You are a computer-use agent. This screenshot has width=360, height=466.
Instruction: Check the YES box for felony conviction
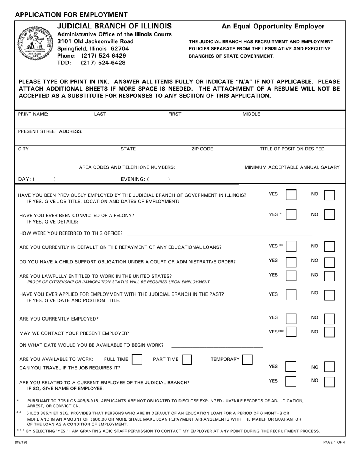(291, 215)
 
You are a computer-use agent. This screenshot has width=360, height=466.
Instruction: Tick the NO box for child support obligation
(330, 262)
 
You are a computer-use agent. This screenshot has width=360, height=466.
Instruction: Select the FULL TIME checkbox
(137, 359)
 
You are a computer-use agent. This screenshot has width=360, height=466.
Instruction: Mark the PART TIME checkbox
(187, 359)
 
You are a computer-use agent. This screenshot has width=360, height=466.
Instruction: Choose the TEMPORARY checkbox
(247, 359)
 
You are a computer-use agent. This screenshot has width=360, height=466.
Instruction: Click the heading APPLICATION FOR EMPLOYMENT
(71, 15)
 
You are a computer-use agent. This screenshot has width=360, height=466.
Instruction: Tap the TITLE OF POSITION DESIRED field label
(292, 149)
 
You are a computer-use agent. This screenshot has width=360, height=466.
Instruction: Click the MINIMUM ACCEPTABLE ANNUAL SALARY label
(292, 167)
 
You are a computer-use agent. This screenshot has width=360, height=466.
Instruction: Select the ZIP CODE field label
(202, 149)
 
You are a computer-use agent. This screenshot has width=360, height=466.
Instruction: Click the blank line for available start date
(217, 346)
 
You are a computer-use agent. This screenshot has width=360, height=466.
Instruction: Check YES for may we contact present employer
(291, 332)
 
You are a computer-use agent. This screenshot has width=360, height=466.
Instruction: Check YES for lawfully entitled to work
(291, 275)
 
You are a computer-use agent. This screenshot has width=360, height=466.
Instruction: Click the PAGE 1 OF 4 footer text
(332, 442)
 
